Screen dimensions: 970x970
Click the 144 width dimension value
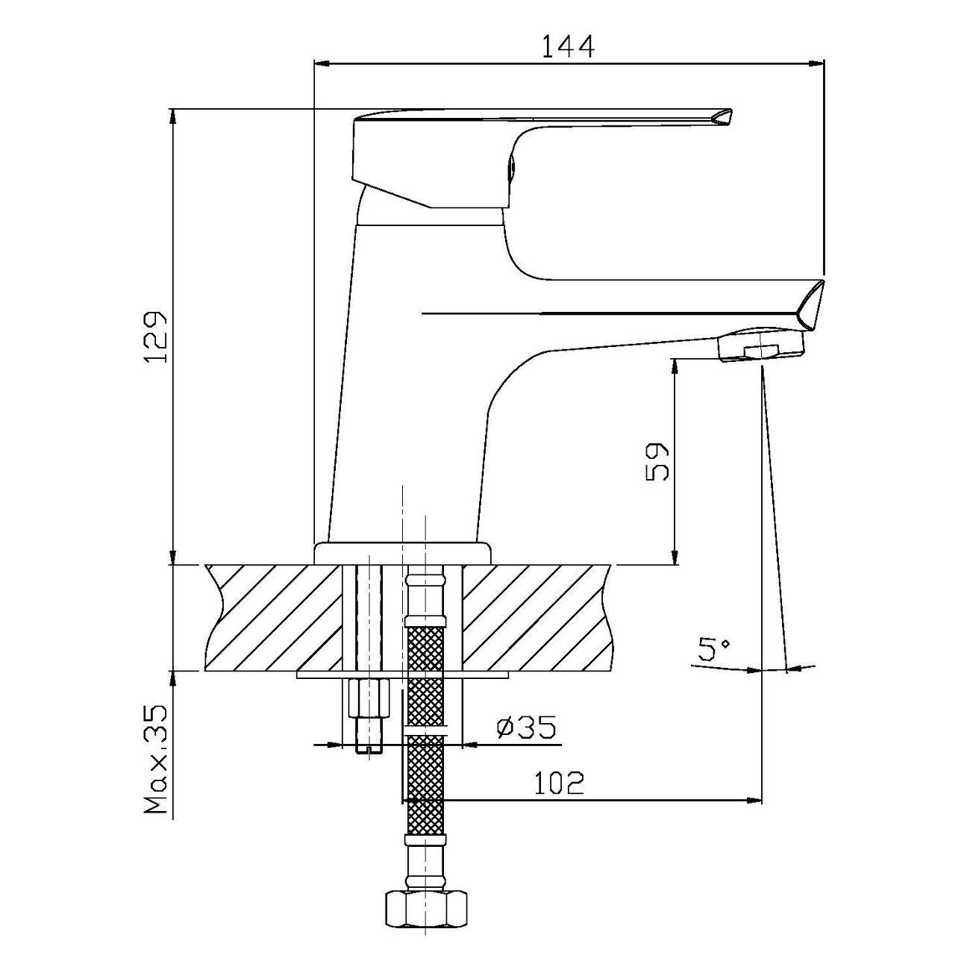coord(568,47)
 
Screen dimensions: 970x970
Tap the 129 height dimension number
coord(155,337)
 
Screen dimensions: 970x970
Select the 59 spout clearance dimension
coord(657,463)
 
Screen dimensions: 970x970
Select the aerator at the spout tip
coord(761,344)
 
